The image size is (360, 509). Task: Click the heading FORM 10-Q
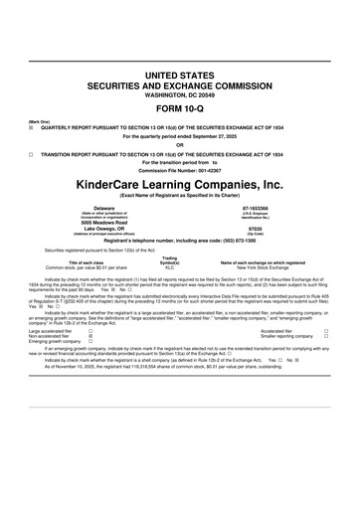click(x=180, y=108)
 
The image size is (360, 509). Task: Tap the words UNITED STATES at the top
click(x=180, y=76)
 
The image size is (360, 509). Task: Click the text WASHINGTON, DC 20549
click(x=180, y=96)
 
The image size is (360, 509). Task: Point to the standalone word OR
click(x=180, y=146)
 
